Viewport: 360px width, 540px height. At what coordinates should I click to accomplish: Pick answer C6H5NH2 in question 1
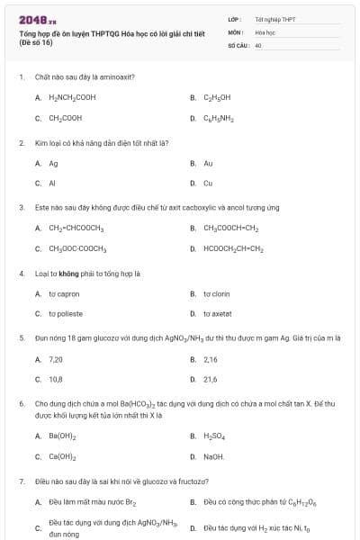219,118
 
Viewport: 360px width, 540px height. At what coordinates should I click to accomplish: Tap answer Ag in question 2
53,163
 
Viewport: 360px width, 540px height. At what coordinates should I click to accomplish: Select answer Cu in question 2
208,183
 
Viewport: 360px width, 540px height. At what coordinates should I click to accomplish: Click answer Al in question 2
52,183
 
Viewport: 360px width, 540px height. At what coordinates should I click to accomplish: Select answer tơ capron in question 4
60,293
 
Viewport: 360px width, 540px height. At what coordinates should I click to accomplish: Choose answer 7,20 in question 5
55,358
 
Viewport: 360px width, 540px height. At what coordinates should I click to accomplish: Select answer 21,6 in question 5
210,379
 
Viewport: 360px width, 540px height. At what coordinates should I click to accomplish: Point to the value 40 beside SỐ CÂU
258,44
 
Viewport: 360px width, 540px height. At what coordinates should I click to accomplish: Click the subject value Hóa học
265,31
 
